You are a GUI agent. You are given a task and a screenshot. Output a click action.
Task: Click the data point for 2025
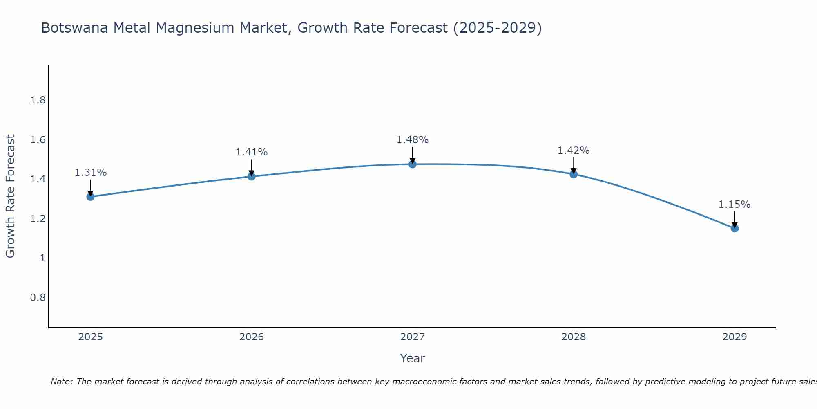pos(90,197)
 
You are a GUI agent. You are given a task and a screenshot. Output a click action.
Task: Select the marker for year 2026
pos(251,176)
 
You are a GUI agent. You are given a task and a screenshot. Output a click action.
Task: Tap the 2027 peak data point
pos(413,164)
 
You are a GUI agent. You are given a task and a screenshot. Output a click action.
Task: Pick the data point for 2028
pos(574,174)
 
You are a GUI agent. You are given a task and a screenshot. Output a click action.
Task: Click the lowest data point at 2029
pos(734,228)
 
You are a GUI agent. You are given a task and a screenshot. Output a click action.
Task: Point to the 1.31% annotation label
pos(90,173)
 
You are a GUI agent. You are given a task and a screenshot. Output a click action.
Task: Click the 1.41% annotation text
pos(251,152)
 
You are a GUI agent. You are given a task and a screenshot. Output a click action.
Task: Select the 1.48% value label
pos(413,140)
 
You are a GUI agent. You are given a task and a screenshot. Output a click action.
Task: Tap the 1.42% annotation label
pos(574,151)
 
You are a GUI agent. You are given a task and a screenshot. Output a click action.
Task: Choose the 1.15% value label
pos(734,204)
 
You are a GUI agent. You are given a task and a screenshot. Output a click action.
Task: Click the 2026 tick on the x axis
pos(251,337)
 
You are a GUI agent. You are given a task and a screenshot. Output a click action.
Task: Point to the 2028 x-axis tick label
pos(574,337)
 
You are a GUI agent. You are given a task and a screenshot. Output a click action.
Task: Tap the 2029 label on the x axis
pos(734,337)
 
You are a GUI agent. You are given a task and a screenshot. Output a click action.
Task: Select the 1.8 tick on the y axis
pos(38,101)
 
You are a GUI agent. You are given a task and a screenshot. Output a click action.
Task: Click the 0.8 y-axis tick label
pos(38,297)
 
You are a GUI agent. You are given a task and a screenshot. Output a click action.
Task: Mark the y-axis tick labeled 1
pos(42,258)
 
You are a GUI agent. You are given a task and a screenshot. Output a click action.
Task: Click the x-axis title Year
pos(413,358)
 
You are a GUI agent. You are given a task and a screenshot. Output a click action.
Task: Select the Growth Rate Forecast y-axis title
pos(11,196)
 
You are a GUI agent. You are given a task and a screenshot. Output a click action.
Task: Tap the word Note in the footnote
pos(61,382)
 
